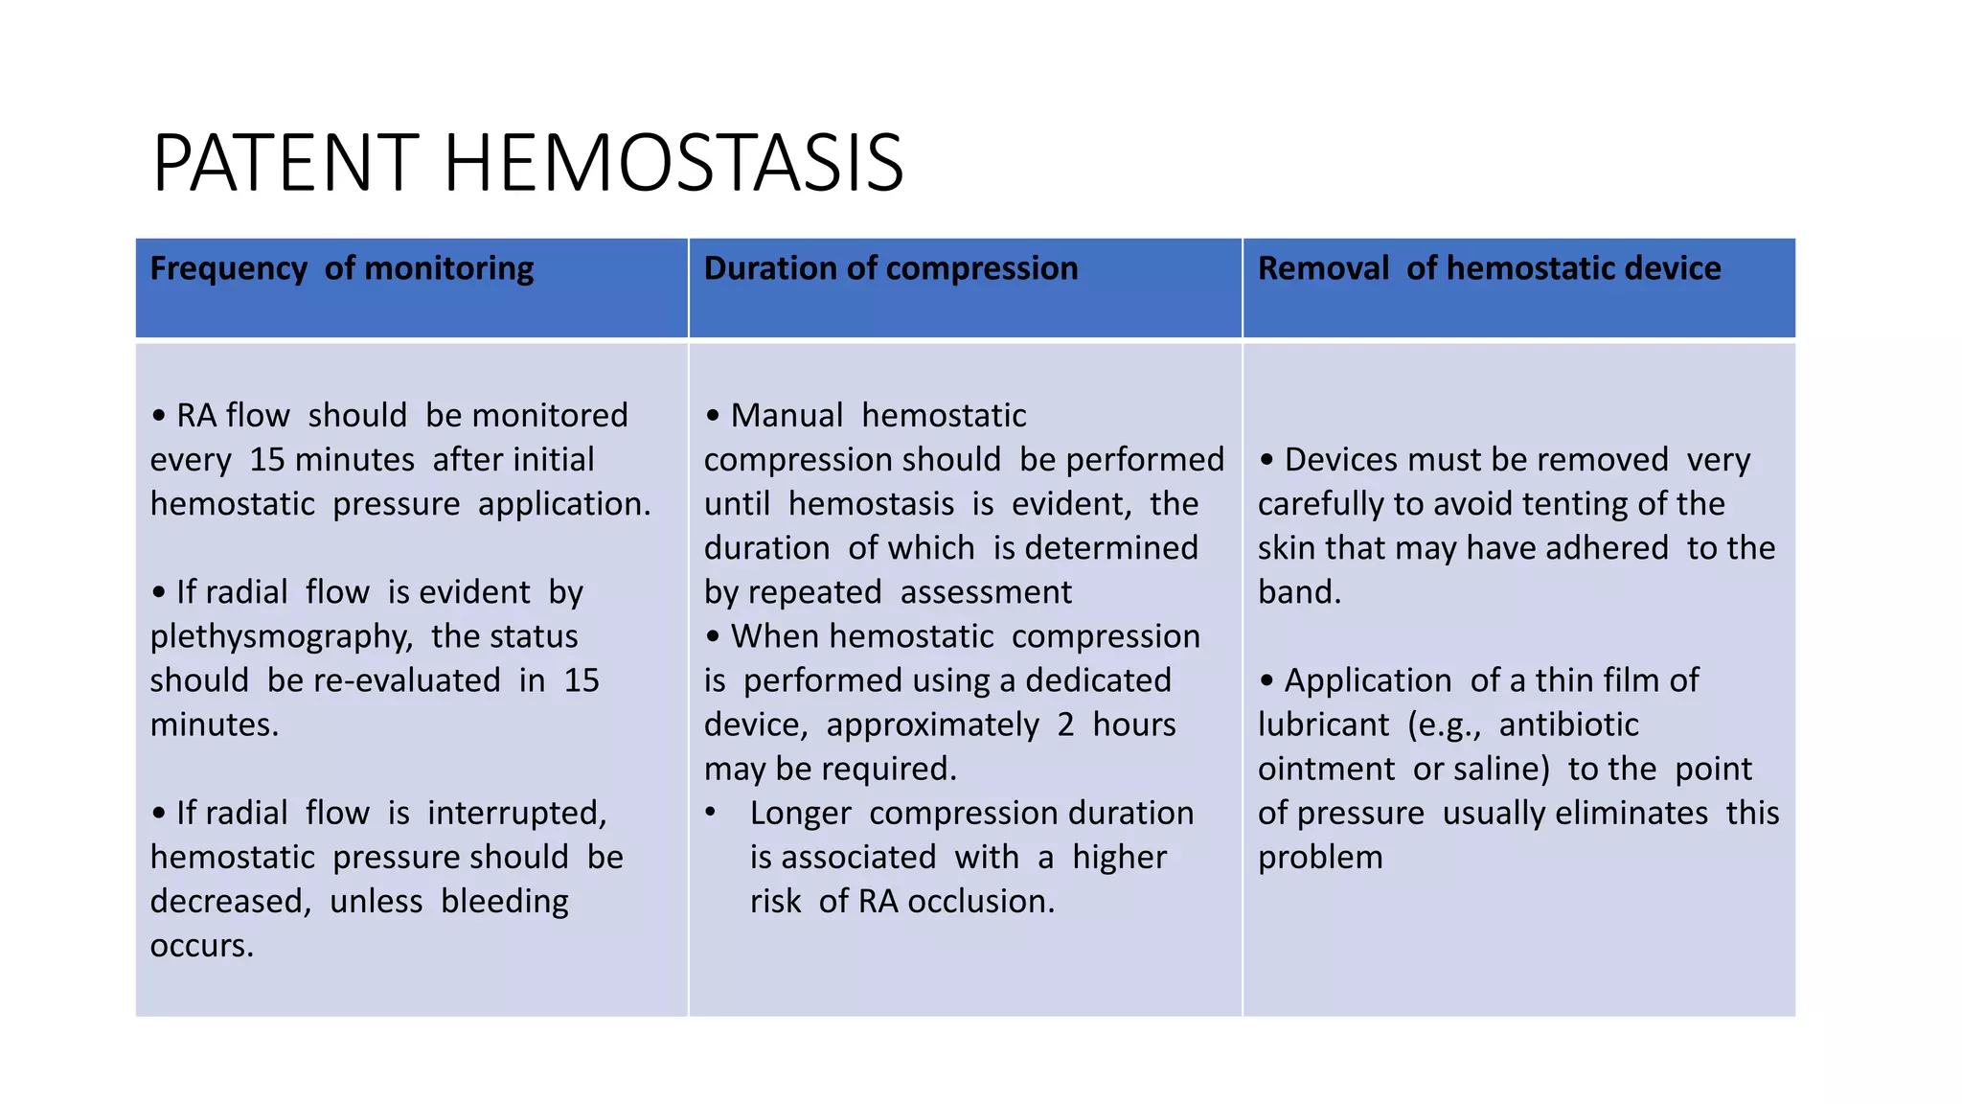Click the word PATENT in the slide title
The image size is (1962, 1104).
click(285, 163)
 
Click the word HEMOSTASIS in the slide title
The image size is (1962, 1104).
click(673, 163)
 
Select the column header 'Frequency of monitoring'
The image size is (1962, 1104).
click(342, 268)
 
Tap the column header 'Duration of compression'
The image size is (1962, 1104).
click(891, 268)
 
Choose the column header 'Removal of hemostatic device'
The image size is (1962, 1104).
click(1489, 268)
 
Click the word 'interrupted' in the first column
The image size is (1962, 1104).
click(516, 813)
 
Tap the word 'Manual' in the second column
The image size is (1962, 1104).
click(787, 416)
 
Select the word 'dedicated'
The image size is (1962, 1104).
click(1098, 680)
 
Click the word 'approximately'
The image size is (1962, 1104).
click(932, 724)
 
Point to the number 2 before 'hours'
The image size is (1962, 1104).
click(1065, 724)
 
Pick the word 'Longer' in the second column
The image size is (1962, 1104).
click(800, 813)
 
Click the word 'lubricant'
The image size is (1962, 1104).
click(1323, 724)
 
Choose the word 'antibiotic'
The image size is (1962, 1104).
click(1568, 724)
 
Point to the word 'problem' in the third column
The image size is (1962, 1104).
click(1320, 857)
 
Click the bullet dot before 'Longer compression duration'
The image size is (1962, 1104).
click(711, 813)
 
